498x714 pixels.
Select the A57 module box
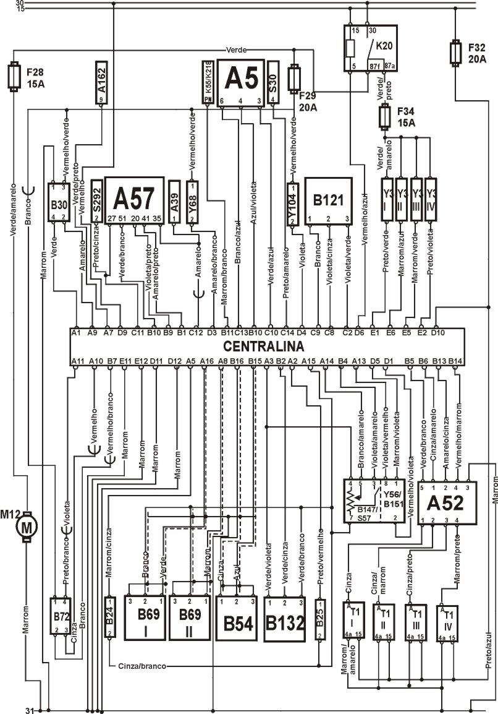[134, 199]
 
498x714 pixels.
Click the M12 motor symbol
[26, 527]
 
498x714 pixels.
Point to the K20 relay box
[369, 48]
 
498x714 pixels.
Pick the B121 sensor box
[328, 200]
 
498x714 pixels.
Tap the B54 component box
[236, 621]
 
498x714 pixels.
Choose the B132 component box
[284, 621]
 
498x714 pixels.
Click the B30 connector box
[59, 202]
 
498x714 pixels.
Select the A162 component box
[102, 82]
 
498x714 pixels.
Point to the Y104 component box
[293, 204]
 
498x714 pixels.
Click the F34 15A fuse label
[405, 116]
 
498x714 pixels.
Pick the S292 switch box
[96, 201]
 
